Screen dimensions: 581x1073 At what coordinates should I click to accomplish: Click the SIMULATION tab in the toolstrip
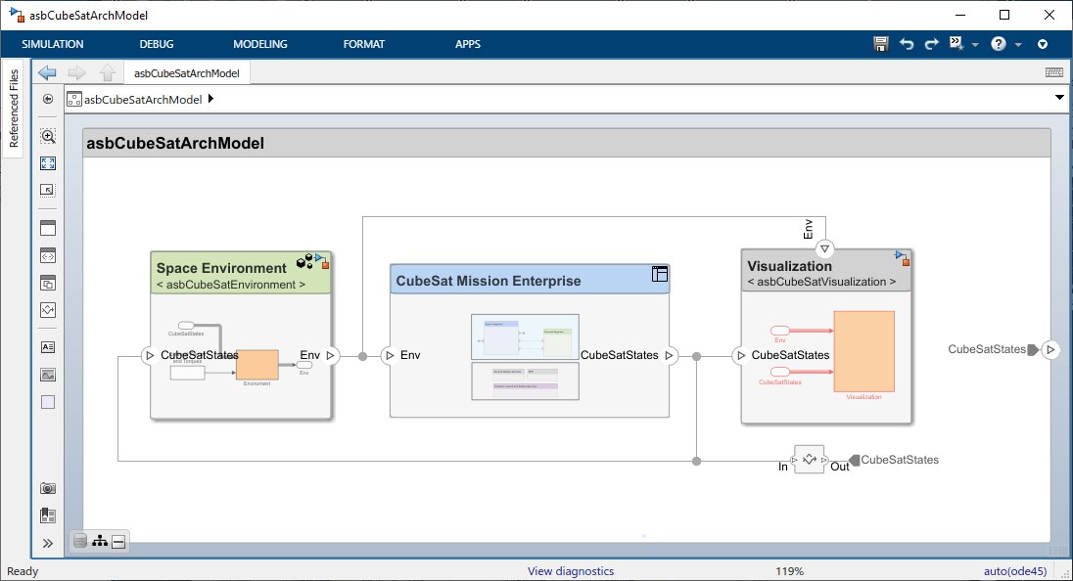pos(53,44)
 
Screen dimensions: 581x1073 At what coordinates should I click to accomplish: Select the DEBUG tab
pos(157,44)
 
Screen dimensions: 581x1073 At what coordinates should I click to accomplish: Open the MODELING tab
pos(260,44)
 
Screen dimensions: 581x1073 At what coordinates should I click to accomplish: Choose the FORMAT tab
pos(364,44)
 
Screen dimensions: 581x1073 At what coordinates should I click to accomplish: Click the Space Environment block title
pos(221,268)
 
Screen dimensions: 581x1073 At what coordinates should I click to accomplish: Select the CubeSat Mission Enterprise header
pos(488,281)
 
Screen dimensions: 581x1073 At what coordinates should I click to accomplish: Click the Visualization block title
pos(790,266)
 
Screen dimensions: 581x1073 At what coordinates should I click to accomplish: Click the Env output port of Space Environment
pos(331,356)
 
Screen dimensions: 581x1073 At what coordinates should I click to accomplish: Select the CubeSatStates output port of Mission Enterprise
pos(670,356)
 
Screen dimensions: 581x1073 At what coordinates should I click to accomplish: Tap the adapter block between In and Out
pos(809,459)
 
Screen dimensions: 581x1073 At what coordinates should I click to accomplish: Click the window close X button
pos(1049,15)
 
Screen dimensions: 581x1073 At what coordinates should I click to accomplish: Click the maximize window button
pos(1004,15)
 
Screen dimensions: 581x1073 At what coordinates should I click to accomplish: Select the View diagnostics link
pos(571,571)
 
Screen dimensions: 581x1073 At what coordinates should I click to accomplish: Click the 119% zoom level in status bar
pos(790,571)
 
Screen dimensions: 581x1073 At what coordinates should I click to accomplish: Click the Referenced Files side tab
pos(14,109)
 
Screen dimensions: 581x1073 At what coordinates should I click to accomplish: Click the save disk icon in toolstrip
pos(881,44)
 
